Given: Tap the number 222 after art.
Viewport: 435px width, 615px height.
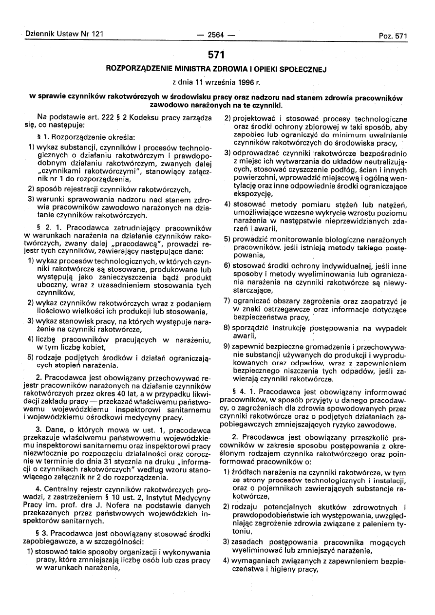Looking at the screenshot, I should click(x=104, y=118).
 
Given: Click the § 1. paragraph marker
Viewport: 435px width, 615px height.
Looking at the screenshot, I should click(x=42, y=137).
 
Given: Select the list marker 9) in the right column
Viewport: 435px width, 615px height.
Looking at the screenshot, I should click(x=227, y=346).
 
